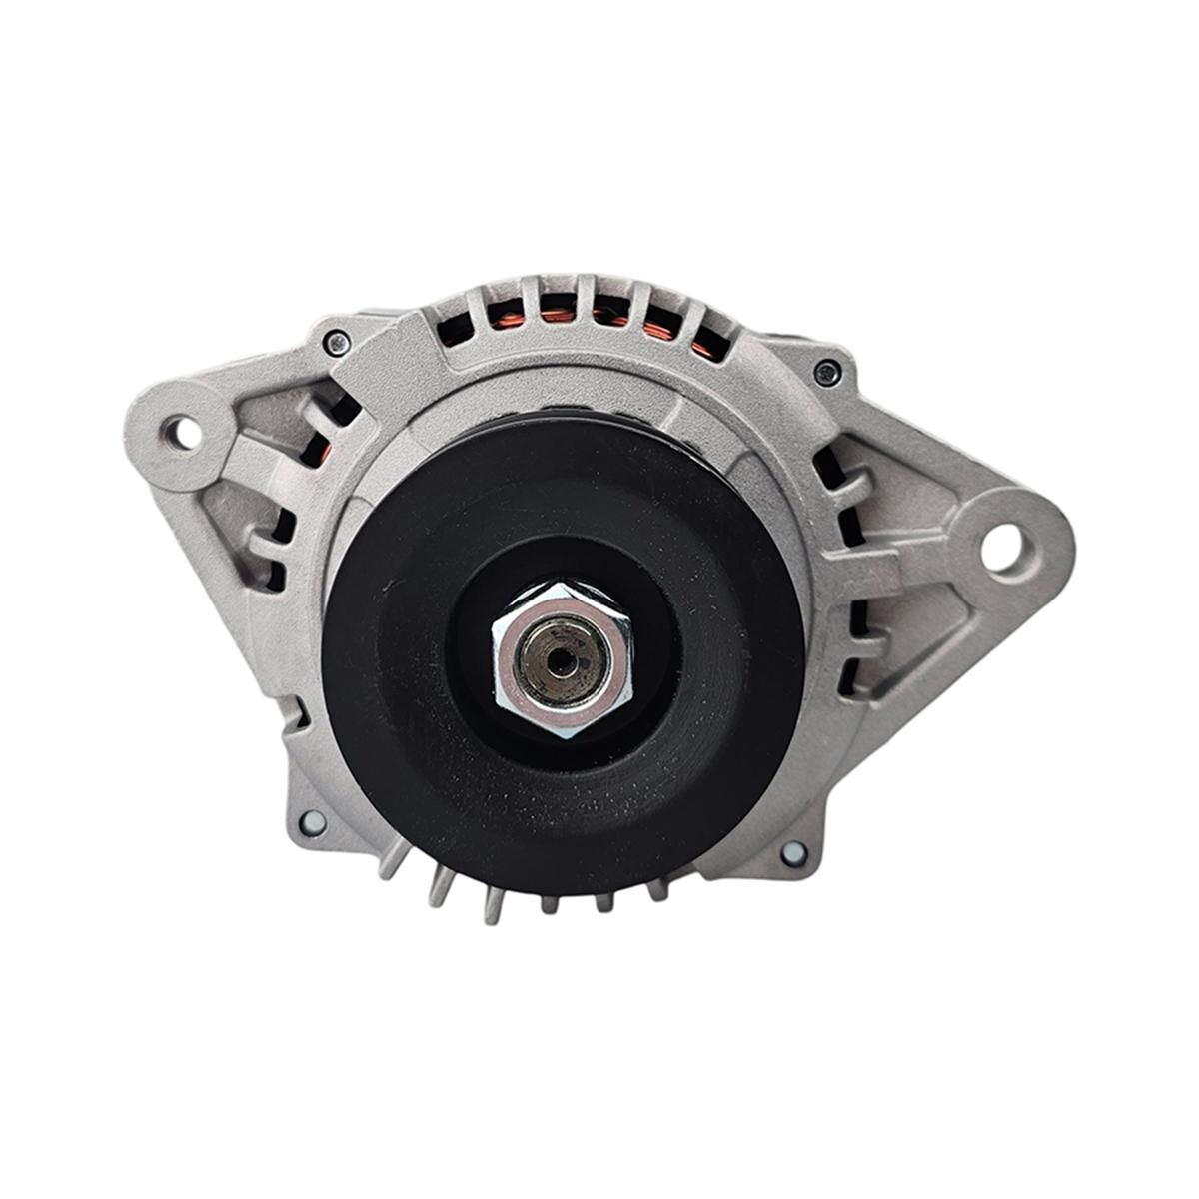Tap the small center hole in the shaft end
point(561,660)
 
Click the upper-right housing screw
point(825,373)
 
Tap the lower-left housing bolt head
point(313,821)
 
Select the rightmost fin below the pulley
point(657,887)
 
